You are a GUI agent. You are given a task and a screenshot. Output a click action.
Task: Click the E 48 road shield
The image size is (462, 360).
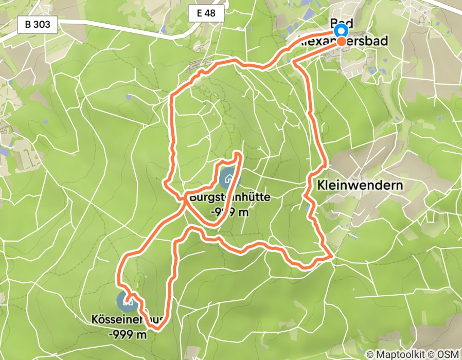[206, 14]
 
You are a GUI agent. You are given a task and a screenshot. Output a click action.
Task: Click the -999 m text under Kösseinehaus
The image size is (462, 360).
[128, 335]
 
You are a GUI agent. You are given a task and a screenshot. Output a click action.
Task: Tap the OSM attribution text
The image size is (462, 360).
[448, 354]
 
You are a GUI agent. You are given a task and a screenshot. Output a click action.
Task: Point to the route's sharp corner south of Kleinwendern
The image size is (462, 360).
[331, 256]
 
